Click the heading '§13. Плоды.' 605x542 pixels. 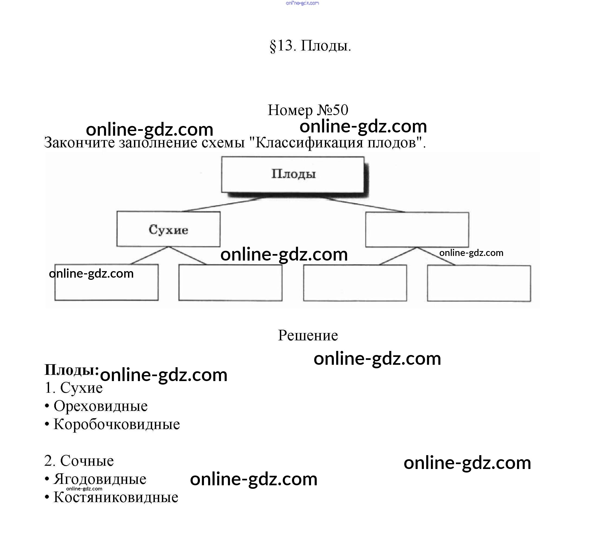[310, 46]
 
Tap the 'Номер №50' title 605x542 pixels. [308, 110]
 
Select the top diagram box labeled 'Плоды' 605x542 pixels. [293, 175]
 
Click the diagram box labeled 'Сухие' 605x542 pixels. [168, 229]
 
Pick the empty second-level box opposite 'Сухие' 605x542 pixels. [417, 230]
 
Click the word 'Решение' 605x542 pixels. [308, 336]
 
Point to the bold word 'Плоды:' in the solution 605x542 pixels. [71, 370]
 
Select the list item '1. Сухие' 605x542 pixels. [73, 388]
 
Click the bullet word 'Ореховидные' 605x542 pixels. [100, 406]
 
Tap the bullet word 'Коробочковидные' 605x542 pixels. [117, 424]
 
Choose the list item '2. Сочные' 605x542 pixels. [79, 461]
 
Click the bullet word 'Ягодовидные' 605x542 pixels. [100, 479]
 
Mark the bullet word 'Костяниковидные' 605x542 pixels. [116, 497]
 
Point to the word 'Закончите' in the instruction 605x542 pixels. [79, 143]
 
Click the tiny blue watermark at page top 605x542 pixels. [302, 3]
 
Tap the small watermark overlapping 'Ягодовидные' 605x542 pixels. [84, 489]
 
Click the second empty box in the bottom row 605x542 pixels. [230, 283]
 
